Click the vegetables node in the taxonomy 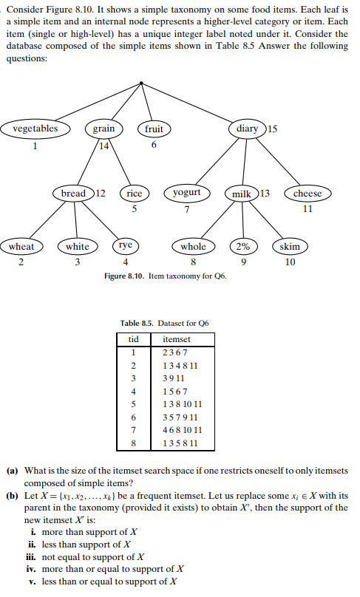tap(35, 129)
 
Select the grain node tap(103, 129)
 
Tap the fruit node tap(154, 129)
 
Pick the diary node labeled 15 tap(247, 129)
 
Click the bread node tap(74, 194)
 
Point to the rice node tap(135, 194)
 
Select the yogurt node tap(186, 193)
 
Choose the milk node tap(242, 194)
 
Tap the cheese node tap(308, 194)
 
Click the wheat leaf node tap(21, 246)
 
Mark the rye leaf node tap(126, 245)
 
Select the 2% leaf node tap(242, 246)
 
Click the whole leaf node tap(193, 246)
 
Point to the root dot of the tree tap(141, 82)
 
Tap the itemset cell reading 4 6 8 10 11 tap(182, 431)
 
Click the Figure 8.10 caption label tap(127, 276)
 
